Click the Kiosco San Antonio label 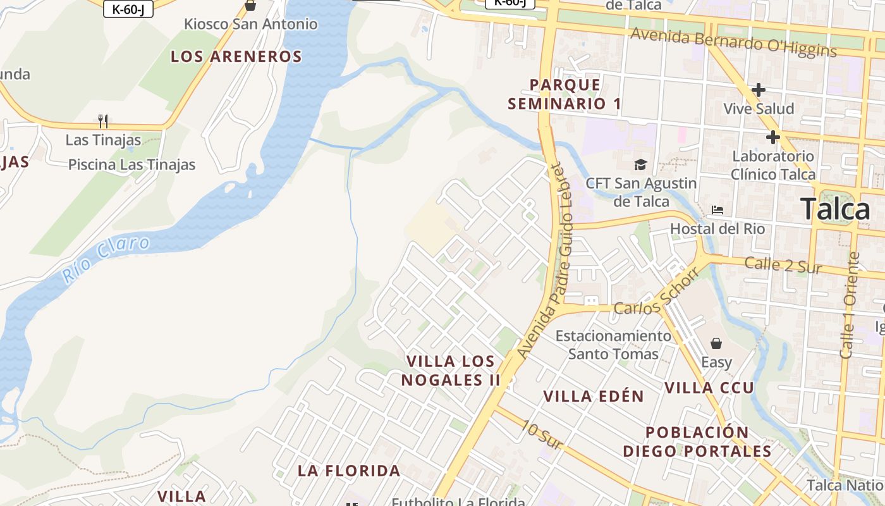(x=250, y=24)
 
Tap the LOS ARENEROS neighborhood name (x=236, y=56)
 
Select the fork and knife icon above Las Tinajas (x=103, y=120)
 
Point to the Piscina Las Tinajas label (x=131, y=164)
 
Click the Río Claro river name (x=106, y=259)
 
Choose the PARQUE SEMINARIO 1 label (x=565, y=94)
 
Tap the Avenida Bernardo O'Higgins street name (x=733, y=42)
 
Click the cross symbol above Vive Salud (x=759, y=90)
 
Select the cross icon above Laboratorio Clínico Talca (x=772, y=137)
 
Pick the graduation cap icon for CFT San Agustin (x=641, y=164)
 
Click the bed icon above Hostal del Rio (x=717, y=210)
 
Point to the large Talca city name (x=835, y=209)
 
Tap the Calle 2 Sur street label (x=783, y=265)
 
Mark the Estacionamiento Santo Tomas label (x=613, y=345)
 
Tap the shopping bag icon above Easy (x=716, y=343)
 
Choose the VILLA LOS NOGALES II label (x=451, y=371)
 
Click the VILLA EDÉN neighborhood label (x=594, y=397)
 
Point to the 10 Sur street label (x=541, y=435)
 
